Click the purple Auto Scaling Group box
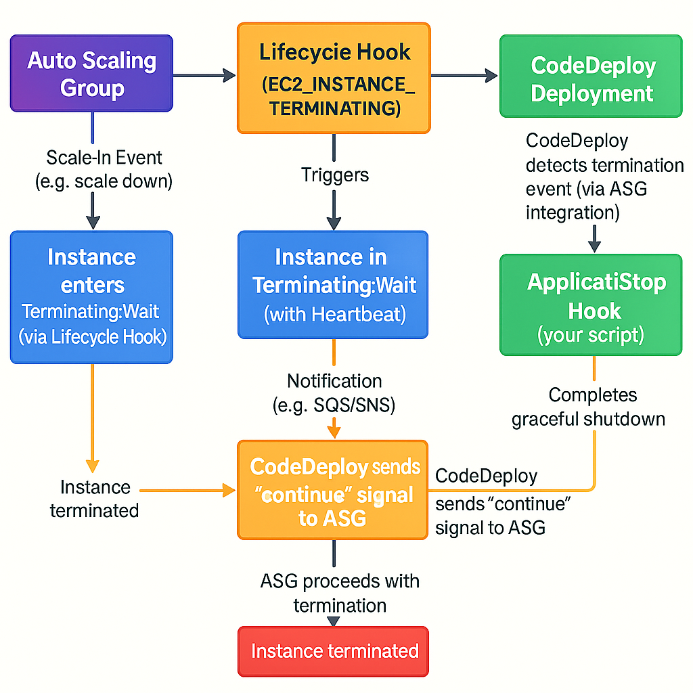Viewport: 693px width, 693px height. (x=92, y=74)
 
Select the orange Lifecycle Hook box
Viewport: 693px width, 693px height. (x=333, y=78)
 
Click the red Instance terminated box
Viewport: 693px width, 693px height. (x=334, y=651)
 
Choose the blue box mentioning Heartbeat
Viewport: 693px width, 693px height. (x=333, y=284)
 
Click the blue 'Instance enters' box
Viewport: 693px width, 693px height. (x=92, y=297)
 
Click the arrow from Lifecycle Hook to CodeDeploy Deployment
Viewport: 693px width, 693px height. (x=464, y=76)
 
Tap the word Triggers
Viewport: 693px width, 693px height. (x=335, y=175)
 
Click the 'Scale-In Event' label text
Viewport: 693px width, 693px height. (x=104, y=158)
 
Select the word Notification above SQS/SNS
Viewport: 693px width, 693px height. (x=334, y=380)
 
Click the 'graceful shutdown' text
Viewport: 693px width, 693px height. (x=588, y=419)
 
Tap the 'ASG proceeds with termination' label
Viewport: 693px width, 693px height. (x=340, y=593)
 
